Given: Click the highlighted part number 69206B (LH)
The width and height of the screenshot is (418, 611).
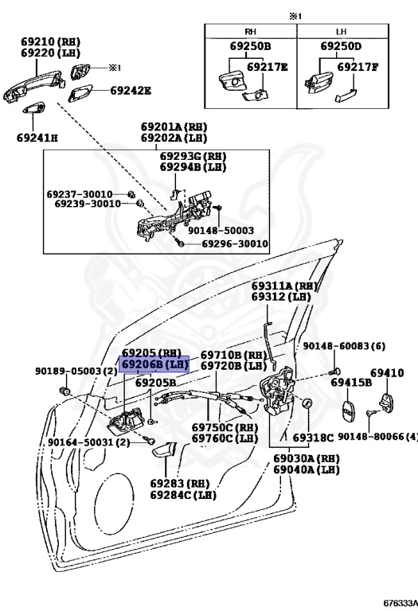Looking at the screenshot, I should (x=154, y=364).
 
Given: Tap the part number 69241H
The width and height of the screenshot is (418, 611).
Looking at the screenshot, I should (x=37, y=137).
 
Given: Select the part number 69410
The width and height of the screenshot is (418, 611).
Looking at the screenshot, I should (x=391, y=372).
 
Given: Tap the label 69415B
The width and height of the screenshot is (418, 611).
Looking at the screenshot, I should (x=352, y=383).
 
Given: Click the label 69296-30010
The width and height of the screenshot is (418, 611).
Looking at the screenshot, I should (x=233, y=244).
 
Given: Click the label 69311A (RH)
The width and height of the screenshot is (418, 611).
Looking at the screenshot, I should (x=284, y=286).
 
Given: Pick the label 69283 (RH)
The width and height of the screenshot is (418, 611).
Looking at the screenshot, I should (x=178, y=482).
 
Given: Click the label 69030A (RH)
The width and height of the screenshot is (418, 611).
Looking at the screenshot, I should (x=307, y=459).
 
